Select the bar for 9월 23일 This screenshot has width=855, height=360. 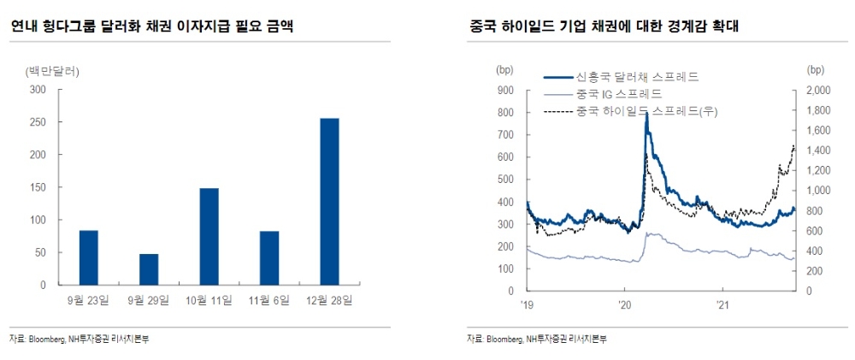[89, 257]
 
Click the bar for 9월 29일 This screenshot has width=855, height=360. [149, 269]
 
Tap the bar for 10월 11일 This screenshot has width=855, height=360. [209, 236]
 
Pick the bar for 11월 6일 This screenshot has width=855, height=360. [268, 257]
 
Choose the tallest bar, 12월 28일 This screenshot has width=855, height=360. [328, 201]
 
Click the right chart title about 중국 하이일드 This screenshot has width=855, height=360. [604, 27]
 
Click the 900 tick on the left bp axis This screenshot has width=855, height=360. [504, 90]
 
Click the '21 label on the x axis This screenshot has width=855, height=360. [722, 304]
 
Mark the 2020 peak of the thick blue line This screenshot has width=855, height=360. [646, 114]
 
